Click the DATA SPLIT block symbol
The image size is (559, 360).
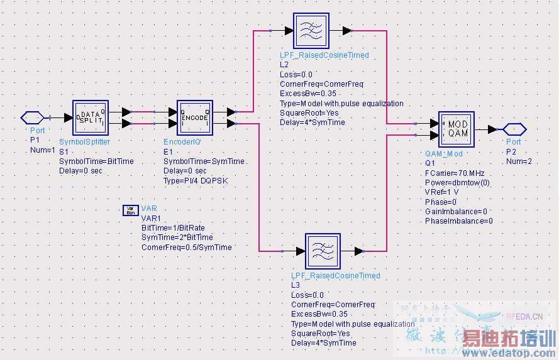91,117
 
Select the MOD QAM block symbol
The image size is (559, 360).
456,129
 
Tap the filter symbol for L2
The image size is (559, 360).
309,30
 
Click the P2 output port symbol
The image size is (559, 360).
514,129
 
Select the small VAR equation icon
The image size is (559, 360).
130,210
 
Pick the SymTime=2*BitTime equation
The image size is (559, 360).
177,237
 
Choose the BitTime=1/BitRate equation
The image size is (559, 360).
173,227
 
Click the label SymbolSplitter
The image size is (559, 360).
84,143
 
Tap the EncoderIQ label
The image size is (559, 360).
182,143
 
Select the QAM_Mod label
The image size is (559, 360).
444,153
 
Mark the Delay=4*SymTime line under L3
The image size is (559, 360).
323,343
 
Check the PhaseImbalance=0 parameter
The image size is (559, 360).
459,221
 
